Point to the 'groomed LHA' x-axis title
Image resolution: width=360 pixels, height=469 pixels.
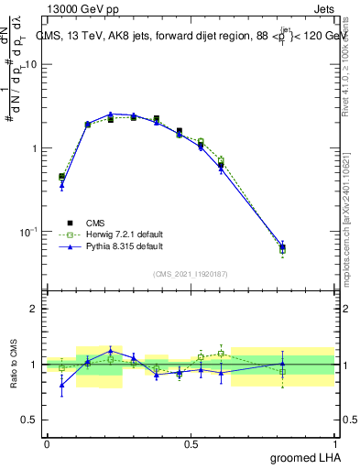coord(307,457)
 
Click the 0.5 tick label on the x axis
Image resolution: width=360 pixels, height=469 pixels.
coord(191,442)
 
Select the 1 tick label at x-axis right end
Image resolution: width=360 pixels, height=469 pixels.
coord(337,442)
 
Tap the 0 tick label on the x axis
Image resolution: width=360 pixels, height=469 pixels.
coord(47,442)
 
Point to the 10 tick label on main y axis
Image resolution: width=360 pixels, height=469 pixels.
coord(31,65)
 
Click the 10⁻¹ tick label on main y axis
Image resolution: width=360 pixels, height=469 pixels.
coord(29,231)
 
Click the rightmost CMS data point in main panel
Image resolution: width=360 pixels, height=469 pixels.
coord(282,248)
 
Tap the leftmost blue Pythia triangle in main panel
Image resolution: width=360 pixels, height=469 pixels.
coord(61,186)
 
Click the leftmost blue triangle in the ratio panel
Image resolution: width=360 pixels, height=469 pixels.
coord(61,385)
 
